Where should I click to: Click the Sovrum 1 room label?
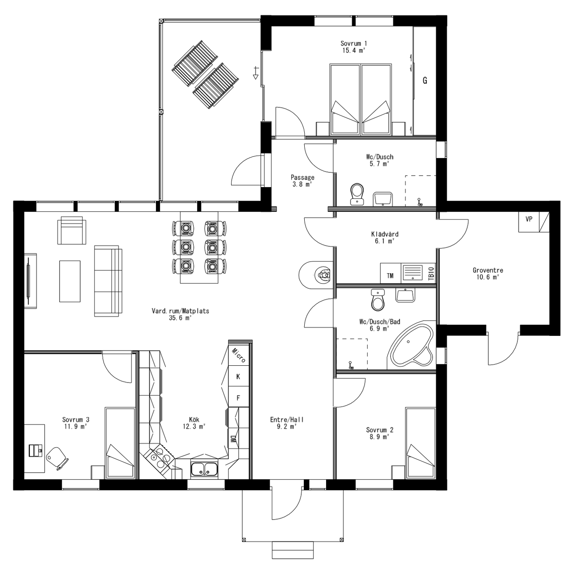[x=353, y=43]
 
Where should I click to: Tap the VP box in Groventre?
[x=529, y=219]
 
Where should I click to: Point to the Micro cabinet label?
[x=238, y=355]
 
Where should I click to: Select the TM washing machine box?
[x=390, y=275]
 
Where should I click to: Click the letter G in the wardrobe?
[x=425, y=81]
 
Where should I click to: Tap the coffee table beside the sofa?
[x=70, y=281]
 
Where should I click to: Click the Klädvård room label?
[x=385, y=234]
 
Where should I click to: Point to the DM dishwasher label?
[x=232, y=439]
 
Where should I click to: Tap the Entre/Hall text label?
[x=287, y=420]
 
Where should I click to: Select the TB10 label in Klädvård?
[x=431, y=274]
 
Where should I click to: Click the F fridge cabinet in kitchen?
[x=238, y=398]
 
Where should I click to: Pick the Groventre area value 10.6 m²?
[x=487, y=277]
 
